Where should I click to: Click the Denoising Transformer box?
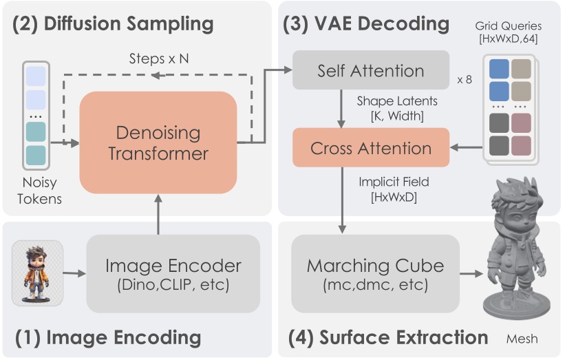(x=158, y=142)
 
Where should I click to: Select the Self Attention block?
(x=371, y=70)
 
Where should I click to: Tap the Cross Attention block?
(x=371, y=148)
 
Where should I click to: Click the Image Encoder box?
(x=173, y=273)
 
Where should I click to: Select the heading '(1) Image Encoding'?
(x=107, y=337)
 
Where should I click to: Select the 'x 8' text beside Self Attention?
(x=465, y=79)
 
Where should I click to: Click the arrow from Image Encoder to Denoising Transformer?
(x=158, y=213)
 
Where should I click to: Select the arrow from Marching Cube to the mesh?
(x=470, y=273)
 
